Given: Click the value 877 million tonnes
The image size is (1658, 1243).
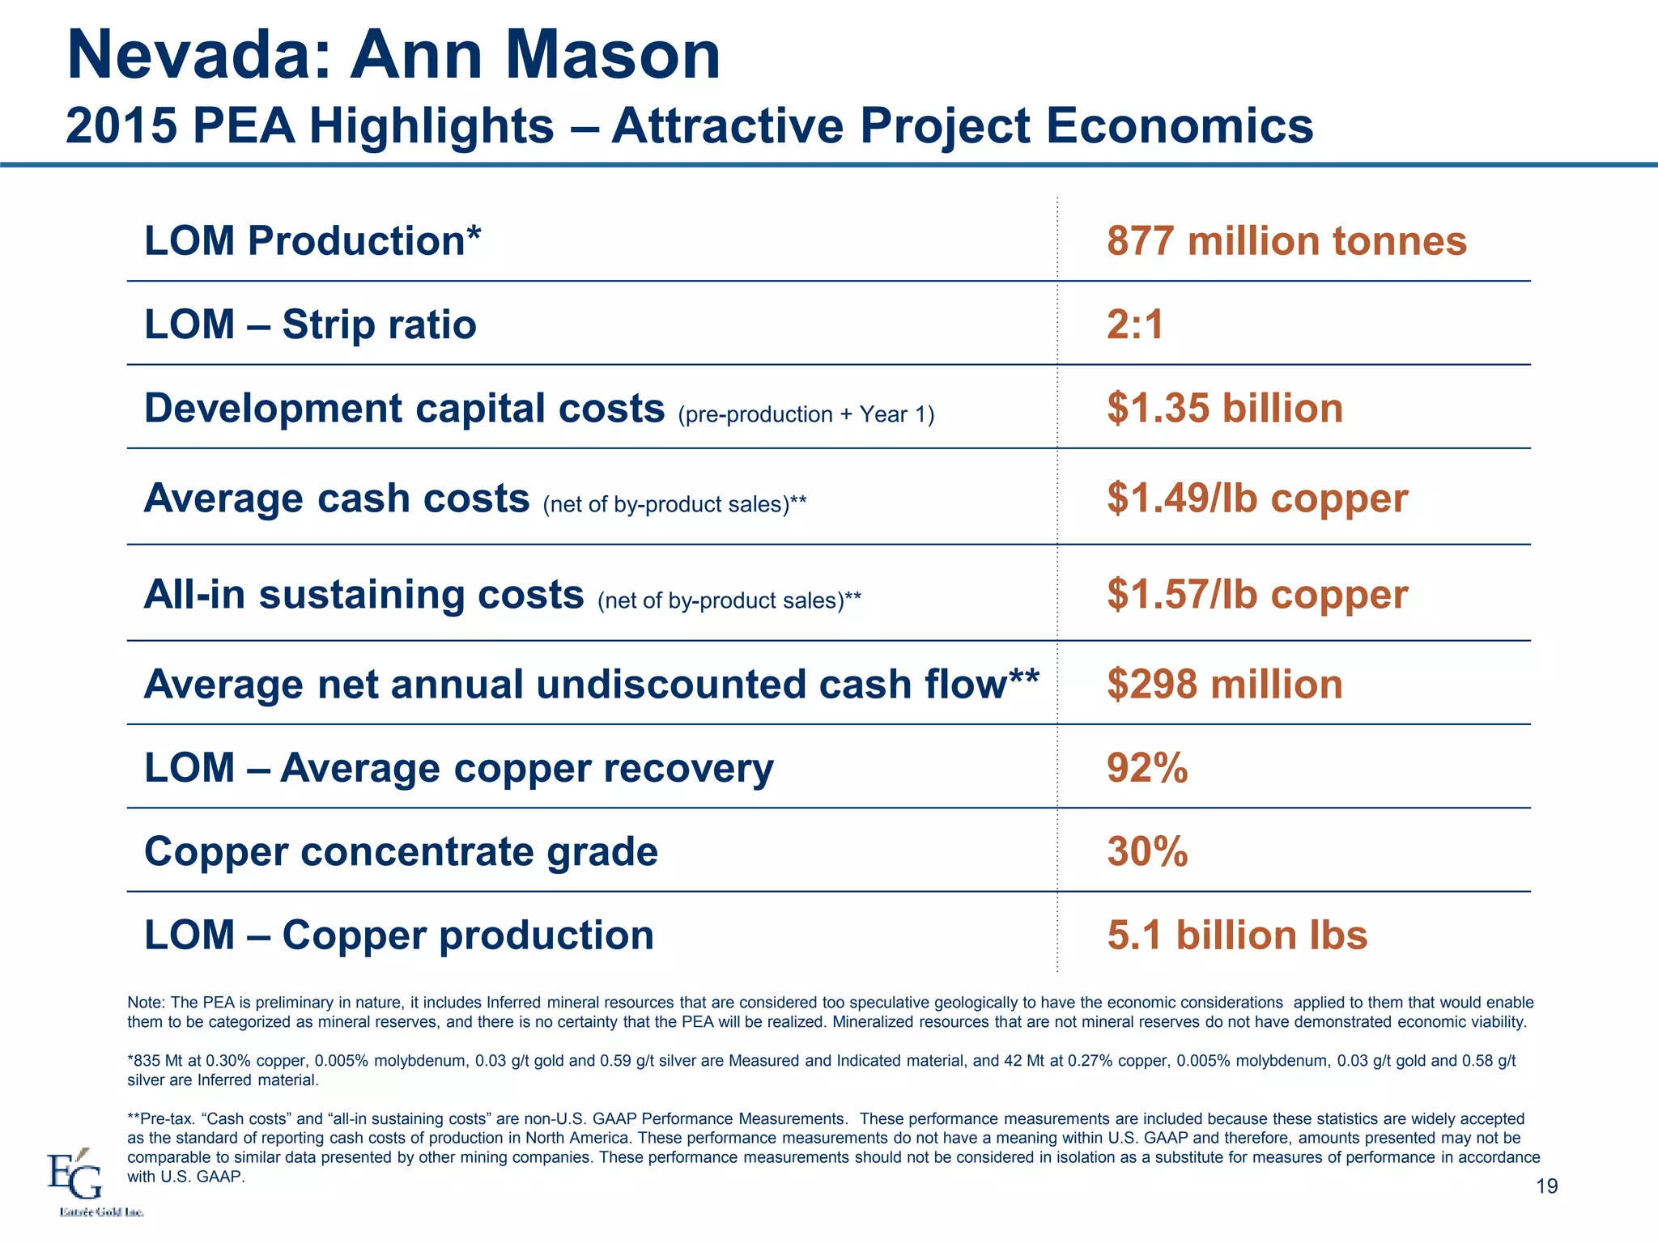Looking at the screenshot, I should (x=1286, y=241).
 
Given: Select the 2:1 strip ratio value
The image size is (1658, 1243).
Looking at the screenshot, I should (x=1135, y=325).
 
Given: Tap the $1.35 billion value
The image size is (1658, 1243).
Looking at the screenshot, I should (x=1225, y=408).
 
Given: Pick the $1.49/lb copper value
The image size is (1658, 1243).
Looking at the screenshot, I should (x=1257, y=498).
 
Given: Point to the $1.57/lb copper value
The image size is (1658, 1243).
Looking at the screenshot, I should (x=1257, y=594).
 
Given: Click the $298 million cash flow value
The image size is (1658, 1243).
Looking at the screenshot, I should (x=1225, y=685).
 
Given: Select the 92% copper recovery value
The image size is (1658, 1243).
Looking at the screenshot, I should (x=1147, y=768).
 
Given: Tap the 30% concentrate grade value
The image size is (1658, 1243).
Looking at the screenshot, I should (x=1147, y=851).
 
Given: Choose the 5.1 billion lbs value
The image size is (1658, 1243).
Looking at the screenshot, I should (x=1237, y=935).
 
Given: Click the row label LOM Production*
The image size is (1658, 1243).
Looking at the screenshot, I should (x=312, y=241).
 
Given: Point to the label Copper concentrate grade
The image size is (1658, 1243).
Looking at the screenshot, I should (x=401, y=851).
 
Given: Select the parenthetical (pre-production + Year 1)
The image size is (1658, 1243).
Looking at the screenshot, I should (x=806, y=414).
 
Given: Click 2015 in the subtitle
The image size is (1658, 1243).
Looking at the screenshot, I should (x=121, y=126).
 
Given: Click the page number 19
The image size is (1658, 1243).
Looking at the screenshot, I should (x=1546, y=1186).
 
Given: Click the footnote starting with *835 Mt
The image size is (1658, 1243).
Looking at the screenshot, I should (x=821, y=1070).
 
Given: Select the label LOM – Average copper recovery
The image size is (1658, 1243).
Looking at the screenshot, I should (x=458, y=768).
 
